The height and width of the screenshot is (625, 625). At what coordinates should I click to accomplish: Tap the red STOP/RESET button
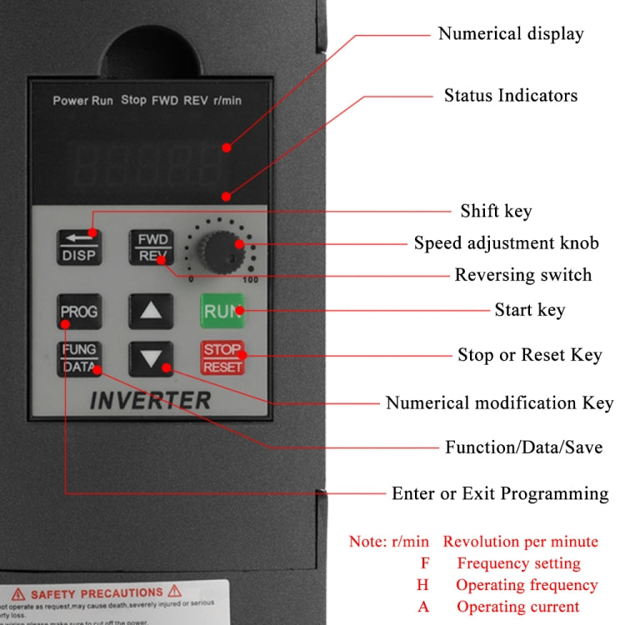(x=222, y=358)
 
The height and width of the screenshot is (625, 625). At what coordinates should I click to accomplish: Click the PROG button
(x=78, y=312)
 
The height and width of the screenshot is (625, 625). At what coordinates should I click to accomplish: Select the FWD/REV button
(x=151, y=247)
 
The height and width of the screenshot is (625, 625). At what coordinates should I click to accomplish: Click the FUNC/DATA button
(x=78, y=358)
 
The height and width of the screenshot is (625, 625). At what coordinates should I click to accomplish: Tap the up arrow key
(x=151, y=312)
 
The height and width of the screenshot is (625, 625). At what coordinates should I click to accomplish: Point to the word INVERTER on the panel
(x=150, y=400)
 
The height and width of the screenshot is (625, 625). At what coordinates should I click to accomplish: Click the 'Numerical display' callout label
(x=511, y=34)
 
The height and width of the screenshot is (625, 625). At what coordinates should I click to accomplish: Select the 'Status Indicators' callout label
(x=510, y=96)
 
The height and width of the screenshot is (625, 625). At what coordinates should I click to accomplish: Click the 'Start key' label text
(x=529, y=310)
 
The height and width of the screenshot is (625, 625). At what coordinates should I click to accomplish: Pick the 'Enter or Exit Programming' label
(x=500, y=493)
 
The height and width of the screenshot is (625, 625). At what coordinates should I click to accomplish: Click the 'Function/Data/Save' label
(x=523, y=447)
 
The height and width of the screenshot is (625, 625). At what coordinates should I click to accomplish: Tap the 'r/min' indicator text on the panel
(x=227, y=101)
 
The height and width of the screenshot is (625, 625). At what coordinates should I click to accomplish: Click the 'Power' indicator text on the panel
(x=71, y=101)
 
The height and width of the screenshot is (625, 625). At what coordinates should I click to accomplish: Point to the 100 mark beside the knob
(x=249, y=280)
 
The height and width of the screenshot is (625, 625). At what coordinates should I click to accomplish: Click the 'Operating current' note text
(x=517, y=607)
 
